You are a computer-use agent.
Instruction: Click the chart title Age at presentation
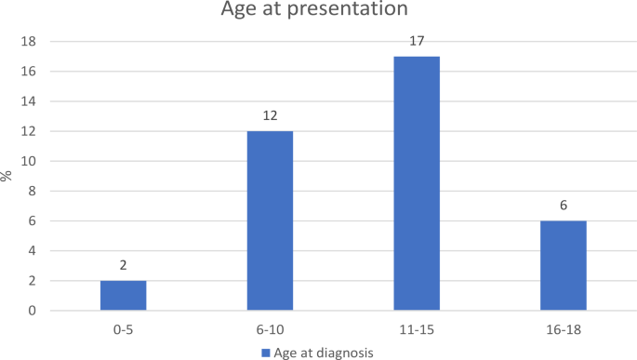click(x=313, y=11)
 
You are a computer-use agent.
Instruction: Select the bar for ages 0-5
click(x=123, y=295)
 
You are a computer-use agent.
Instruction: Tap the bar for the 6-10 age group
click(x=270, y=220)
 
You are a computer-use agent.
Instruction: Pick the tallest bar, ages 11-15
click(x=417, y=183)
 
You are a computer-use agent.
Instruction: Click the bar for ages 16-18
click(x=564, y=265)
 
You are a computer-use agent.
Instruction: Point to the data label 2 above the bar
click(x=123, y=265)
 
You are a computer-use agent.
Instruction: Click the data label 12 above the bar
click(x=270, y=115)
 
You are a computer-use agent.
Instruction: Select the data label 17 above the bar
click(x=417, y=41)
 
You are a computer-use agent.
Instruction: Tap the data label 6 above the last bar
click(x=564, y=206)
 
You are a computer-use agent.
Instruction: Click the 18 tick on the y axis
click(x=29, y=42)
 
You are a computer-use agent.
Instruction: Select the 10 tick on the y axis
click(x=29, y=161)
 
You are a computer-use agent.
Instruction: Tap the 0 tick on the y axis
click(x=33, y=310)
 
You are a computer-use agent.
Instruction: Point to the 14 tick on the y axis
click(x=29, y=101)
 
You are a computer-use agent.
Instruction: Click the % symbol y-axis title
click(x=8, y=176)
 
